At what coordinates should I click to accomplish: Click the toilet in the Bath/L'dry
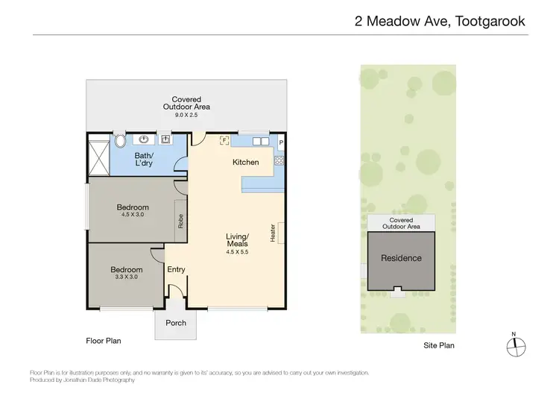coord(121,140)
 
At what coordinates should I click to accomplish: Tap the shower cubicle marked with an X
coord(98,154)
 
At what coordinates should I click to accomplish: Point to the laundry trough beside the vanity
coord(165,139)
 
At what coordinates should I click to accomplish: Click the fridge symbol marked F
coord(223,139)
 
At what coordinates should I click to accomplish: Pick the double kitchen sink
coord(259,140)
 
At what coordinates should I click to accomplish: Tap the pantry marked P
coord(281,142)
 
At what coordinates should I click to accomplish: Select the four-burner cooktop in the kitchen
coord(279,160)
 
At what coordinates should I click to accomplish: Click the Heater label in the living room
coord(274,232)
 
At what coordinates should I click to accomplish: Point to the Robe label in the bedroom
coord(180,221)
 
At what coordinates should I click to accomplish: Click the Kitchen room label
coord(246,162)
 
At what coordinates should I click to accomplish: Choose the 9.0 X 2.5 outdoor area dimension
coord(186,116)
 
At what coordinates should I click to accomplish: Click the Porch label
coord(176,323)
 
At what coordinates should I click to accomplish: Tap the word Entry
coord(176,270)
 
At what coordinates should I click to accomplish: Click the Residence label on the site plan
coord(401,258)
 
